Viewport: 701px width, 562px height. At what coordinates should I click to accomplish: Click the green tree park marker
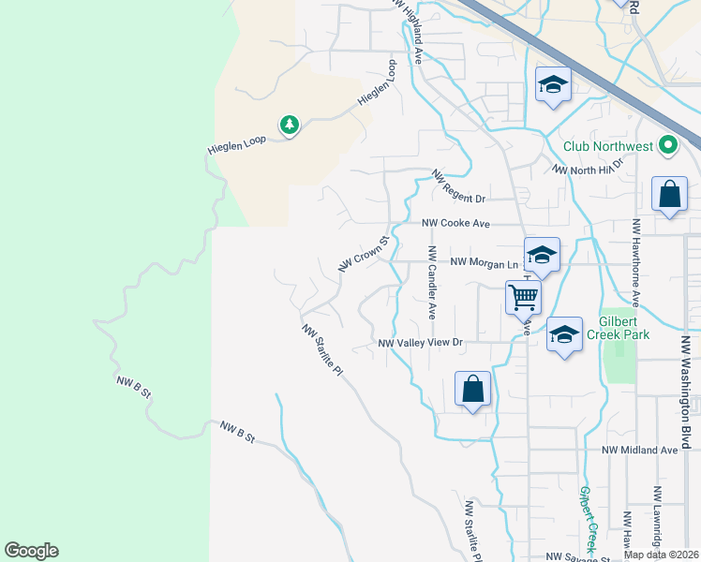289,125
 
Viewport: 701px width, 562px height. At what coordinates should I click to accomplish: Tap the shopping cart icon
523,297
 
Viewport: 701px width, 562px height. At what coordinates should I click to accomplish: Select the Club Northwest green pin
667,145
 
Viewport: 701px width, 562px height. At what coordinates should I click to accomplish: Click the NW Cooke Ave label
455,223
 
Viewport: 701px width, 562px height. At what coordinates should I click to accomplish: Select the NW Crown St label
363,253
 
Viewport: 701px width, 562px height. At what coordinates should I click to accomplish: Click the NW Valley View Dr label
421,343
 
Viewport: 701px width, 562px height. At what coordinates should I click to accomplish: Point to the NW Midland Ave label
639,450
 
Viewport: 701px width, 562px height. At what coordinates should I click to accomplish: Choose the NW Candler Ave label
432,282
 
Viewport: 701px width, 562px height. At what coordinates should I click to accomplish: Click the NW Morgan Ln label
485,262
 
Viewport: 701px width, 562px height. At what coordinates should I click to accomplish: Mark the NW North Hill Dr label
589,167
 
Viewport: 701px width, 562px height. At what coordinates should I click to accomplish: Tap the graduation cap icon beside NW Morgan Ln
542,254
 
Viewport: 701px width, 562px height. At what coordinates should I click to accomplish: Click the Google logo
31,551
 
